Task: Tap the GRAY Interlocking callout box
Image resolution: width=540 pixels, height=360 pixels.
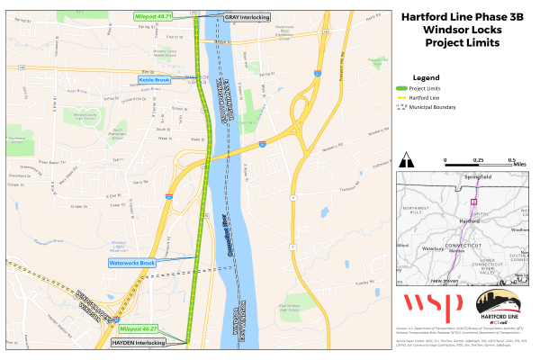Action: [247, 17]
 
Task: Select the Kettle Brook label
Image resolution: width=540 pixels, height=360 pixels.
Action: [154, 80]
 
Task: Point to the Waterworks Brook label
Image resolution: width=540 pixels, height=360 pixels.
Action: [133, 263]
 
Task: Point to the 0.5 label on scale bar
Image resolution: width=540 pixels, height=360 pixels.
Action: [510, 160]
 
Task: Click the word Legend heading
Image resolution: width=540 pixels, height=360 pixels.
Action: [424, 77]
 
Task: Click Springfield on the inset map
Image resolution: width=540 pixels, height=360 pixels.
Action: [477, 176]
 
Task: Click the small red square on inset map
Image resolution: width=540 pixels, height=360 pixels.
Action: [473, 203]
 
